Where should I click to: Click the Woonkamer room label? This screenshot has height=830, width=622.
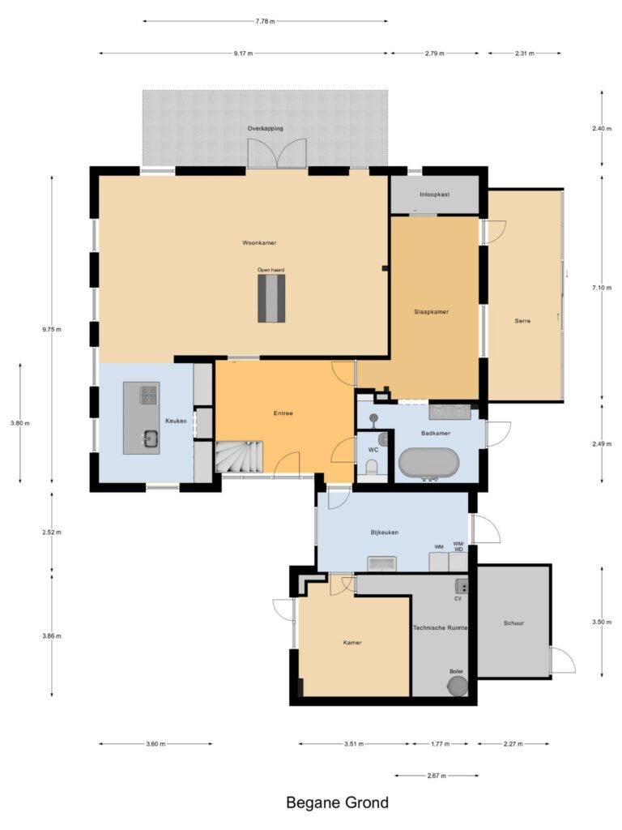(x=259, y=243)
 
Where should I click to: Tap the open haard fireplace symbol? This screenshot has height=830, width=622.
(x=271, y=298)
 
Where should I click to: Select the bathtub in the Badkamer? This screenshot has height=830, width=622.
(x=428, y=464)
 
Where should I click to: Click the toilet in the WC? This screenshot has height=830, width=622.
(x=372, y=467)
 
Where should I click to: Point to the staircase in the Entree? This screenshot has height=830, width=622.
(x=239, y=456)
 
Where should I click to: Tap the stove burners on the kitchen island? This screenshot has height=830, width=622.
(x=149, y=395)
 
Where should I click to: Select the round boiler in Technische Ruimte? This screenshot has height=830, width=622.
(x=458, y=686)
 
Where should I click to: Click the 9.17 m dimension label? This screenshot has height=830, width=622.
(x=243, y=53)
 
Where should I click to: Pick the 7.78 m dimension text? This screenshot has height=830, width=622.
(x=265, y=22)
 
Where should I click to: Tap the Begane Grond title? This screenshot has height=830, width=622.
(x=338, y=802)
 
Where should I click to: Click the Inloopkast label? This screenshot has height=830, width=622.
(x=435, y=195)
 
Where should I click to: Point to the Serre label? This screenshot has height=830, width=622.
(x=522, y=321)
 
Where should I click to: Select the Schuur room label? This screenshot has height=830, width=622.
(x=513, y=623)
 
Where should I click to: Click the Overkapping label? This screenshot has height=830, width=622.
(x=266, y=129)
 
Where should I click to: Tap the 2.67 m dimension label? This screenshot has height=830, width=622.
(x=437, y=776)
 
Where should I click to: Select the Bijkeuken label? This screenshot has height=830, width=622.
(x=385, y=533)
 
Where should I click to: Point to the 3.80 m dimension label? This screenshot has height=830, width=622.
(x=20, y=423)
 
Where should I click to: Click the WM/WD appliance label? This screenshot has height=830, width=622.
(x=458, y=547)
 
